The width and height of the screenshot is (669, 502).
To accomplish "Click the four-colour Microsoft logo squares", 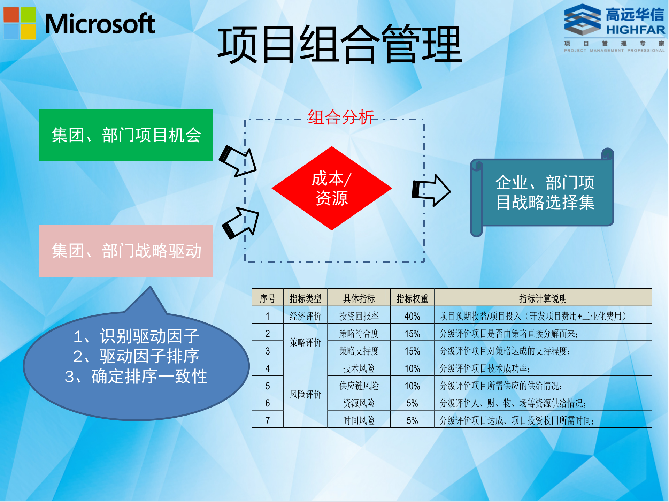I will tap(20, 23).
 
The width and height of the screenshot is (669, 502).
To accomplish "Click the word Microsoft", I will tap(100, 24).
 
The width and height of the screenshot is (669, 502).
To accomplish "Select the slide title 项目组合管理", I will tap(339, 45).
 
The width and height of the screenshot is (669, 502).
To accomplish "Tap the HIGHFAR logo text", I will tap(635, 30).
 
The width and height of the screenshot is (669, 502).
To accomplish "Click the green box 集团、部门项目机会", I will tap(126, 135).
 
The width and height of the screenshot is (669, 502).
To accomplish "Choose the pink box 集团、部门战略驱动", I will tap(126, 251).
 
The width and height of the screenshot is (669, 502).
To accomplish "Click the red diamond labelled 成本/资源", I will tap(332, 188).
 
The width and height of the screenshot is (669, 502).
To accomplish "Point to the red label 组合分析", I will tap(341, 117).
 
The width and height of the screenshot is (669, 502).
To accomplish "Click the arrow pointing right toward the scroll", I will tap(431, 190).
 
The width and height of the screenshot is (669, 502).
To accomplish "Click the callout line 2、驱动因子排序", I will tap(136, 356).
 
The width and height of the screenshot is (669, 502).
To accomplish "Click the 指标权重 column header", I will tap(412, 298).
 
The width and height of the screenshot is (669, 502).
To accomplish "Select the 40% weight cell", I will tap(412, 316).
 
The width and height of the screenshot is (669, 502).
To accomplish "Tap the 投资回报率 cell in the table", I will tap(359, 316).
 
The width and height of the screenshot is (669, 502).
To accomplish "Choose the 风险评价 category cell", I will tap(305, 394).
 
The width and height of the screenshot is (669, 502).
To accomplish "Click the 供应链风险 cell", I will tap(359, 386).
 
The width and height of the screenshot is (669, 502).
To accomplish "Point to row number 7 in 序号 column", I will tap(268, 420).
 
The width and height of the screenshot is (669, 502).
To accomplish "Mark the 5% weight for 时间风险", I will tap(412, 420).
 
